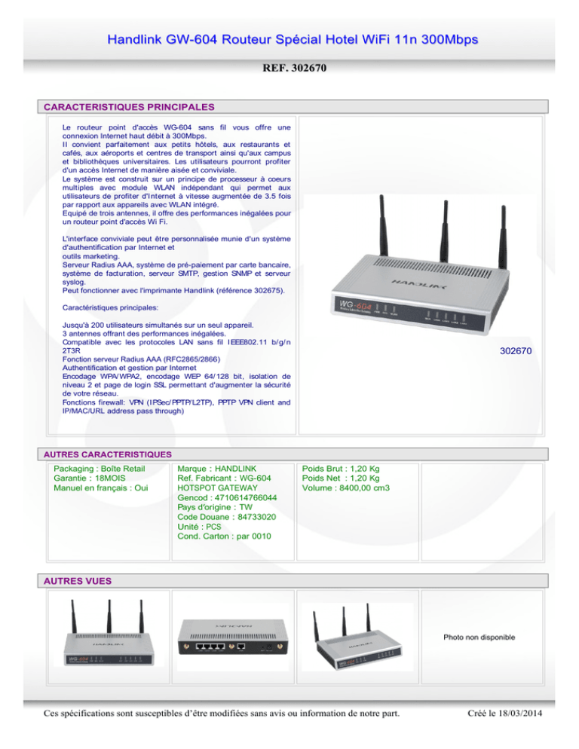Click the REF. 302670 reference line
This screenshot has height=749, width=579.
click(294, 68)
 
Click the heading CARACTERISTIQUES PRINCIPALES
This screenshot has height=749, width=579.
click(129, 107)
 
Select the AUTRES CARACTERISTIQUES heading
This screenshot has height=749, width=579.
click(108, 454)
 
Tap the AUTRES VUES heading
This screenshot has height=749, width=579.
click(78, 581)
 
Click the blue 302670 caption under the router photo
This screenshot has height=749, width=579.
click(516, 351)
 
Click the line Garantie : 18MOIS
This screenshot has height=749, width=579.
click(90, 478)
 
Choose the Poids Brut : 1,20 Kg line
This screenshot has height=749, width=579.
click(341, 469)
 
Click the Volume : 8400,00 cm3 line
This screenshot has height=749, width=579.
click(346, 488)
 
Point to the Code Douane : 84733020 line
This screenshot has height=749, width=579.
click(226, 517)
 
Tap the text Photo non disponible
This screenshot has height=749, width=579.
click(479, 637)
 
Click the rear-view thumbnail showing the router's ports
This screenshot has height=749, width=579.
click(233, 637)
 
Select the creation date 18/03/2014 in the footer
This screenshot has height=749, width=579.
click(520, 713)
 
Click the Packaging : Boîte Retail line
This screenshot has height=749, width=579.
click(99, 469)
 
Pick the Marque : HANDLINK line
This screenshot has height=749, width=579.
click(216, 469)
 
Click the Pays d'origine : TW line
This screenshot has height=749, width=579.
click(215, 507)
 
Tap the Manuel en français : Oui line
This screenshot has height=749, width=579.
click(101, 488)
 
